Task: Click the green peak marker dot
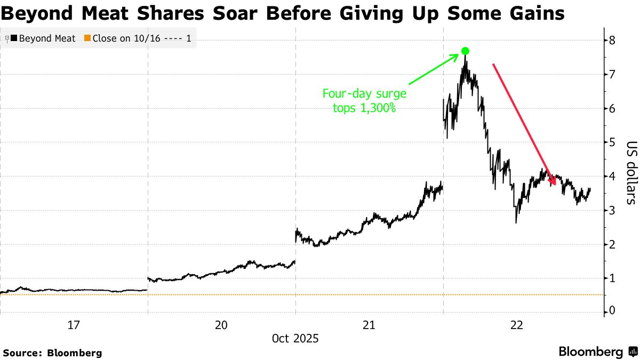(x=465, y=51)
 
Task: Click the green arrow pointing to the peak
(x=435, y=69)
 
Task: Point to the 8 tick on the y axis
(x=613, y=41)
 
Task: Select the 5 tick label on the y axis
(x=613, y=142)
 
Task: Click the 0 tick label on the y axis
(x=613, y=311)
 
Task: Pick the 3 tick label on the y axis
(x=613, y=210)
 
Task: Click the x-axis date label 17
(x=74, y=325)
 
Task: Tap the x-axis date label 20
(x=221, y=325)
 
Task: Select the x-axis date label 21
(x=369, y=325)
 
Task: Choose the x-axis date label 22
(x=517, y=325)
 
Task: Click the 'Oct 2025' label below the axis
(x=295, y=339)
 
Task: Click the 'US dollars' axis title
(x=631, y=173)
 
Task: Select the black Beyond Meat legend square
(x=14, y=38)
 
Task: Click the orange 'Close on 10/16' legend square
(x=89, y=38)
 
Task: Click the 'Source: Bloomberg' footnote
(x=52, y=353)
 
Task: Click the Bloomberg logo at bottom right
(x=597, y=352)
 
